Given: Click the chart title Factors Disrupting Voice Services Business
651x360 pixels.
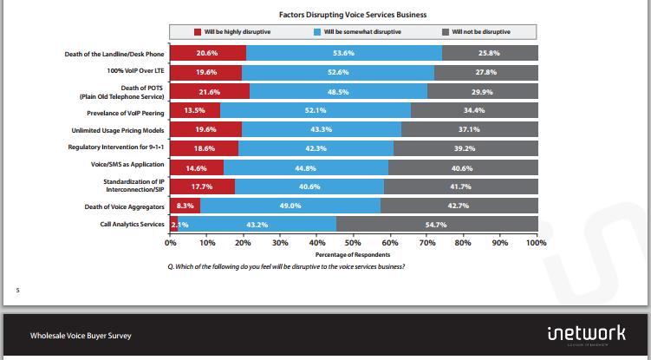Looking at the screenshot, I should (353, 16).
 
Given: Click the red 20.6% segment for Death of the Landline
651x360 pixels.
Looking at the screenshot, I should (207, 54).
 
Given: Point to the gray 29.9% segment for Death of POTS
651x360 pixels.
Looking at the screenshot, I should (482, 91).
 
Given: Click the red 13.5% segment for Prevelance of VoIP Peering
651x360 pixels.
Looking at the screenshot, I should (194, 110).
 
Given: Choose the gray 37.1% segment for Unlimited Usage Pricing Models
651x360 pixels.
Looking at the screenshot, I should (469, 129).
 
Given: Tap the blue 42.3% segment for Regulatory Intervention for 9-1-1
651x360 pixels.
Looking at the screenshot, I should (316, 148).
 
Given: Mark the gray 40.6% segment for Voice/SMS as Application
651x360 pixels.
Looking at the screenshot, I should (462, 167).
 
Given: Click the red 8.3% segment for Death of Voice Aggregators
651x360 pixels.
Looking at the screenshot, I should (185, 206).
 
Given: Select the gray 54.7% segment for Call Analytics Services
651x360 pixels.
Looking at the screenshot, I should (437, 225).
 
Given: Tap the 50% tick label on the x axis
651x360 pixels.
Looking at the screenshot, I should (354, 243).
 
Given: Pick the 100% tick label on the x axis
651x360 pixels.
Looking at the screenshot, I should (536, 243).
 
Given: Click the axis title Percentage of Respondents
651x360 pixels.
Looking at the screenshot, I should (353, 254).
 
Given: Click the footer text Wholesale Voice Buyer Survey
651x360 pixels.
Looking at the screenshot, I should (81, 335).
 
